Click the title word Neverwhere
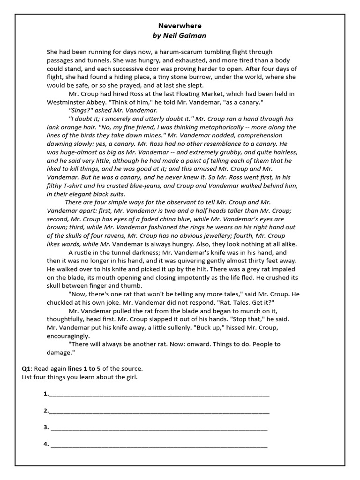pyautogui.click(x=180, y=26)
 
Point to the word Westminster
pyautogui.click(x=66, y=102)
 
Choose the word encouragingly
pyautogui.click(x=70, y=336)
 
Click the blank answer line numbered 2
pyautogui.click(x=159, y=412)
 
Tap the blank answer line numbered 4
pyautogui.click(x=159, y=446)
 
